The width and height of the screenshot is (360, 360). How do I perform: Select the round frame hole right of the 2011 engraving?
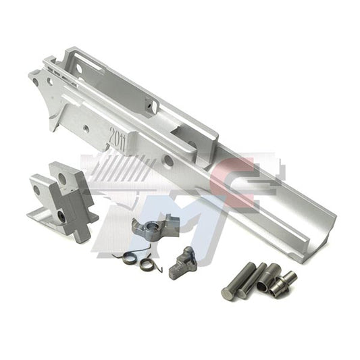pos(167,160)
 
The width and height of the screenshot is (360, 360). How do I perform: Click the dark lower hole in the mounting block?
pos(62,215)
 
